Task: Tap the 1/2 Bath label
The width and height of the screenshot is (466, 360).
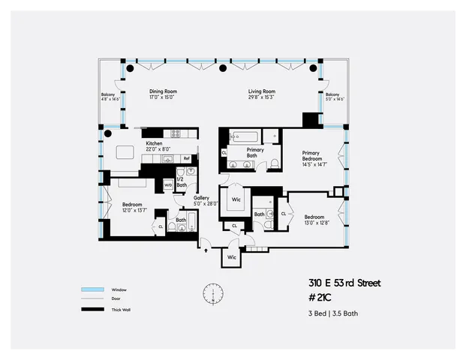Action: coord(181,181)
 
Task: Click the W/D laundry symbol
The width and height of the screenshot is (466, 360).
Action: coord(168,184)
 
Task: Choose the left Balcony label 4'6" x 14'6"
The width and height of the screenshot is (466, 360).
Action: coord(110,97)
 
